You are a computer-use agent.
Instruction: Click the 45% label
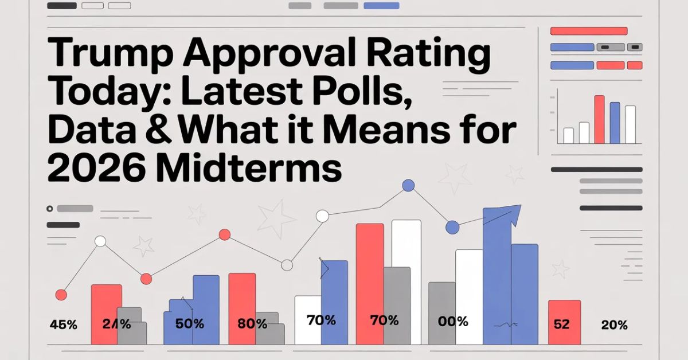pyautogui.click(x=64, y=324)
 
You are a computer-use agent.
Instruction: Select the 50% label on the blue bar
pyautogui.click(x=190, y=323)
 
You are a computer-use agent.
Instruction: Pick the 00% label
pyautogui.click(x=453, y=322)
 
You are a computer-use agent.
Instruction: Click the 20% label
pyautogui.click(x=614, y=325)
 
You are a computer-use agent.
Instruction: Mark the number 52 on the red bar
pyautogui.click(x=562, y=324)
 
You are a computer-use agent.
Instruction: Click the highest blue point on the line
pyautogui.click(x=408, y=185)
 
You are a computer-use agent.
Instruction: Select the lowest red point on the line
pyautogui.click(x=61, y=295)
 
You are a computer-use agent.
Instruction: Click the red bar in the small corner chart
pyautogui.click(x=600, y=119)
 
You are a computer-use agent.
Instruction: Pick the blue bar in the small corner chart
pyautogui.click(x=615, y=122)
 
